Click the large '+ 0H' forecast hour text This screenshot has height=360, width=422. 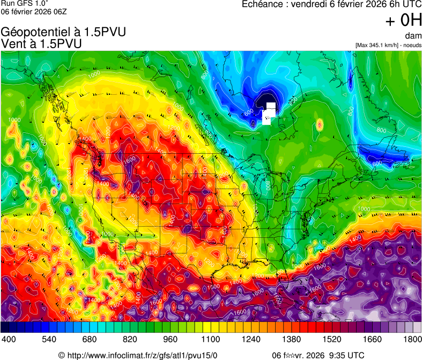click(404, 20)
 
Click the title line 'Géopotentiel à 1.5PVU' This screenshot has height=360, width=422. click(64, 32)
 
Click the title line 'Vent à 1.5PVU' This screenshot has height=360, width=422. click(42, 44)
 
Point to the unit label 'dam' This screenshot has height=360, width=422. click(413, 36)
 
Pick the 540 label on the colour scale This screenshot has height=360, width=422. click(49, 339)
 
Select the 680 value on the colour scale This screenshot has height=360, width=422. click(90, 339)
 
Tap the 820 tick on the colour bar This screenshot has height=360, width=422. click(130, 339)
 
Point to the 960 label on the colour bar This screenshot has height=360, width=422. click(171, 339)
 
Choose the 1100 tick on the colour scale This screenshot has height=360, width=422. click(211, 339)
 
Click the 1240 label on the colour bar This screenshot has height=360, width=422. click(251, 339)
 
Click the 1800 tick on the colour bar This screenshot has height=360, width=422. click(412, 339)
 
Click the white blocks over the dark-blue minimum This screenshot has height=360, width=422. click(269, 113)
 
